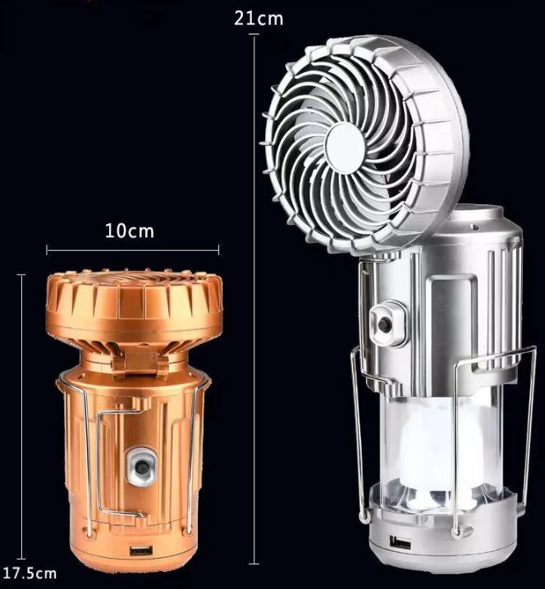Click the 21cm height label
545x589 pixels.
(x=259, y=18)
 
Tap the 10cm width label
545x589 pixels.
(x=130, y=231)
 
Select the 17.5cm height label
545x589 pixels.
(x=30, y=573)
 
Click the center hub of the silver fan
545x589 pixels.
(x=345, y=143)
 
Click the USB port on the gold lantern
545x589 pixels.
(x=141, y=551)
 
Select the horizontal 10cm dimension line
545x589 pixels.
(x=133, y=250)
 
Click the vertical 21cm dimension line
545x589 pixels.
(x=254, y=299)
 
